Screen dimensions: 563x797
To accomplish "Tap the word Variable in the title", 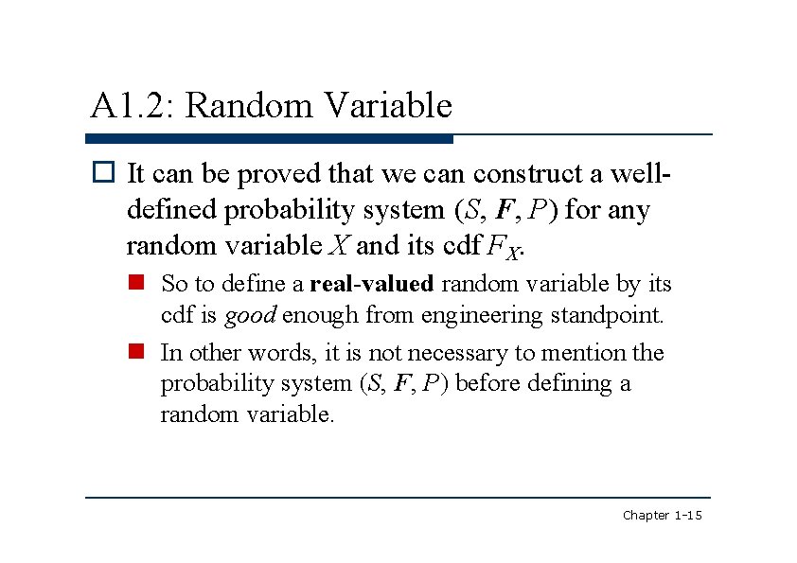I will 388,106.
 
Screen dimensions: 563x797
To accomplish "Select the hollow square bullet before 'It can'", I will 103,174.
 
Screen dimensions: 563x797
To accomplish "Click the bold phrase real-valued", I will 372,284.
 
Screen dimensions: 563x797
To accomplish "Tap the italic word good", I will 250,315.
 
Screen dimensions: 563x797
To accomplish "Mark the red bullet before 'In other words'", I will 137,353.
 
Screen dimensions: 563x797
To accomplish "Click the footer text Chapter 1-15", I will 662,516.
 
